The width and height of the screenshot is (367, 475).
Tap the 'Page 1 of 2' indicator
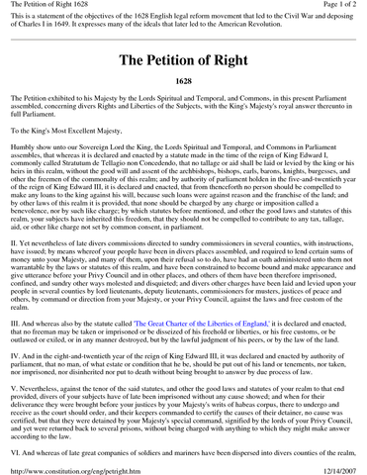tap(333, 7)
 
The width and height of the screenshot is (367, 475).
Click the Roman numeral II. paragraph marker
tap(16, 266)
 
